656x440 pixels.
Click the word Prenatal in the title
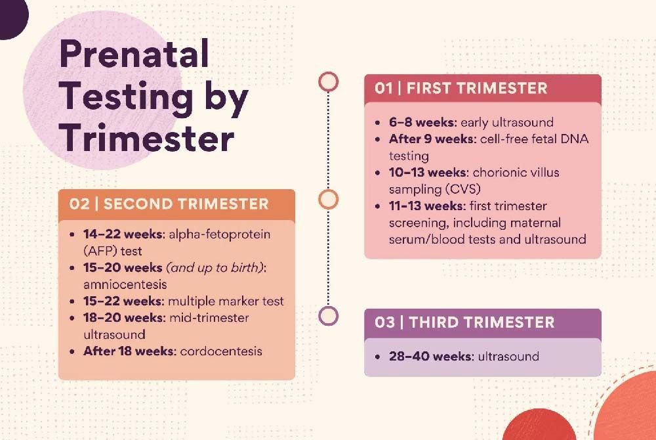[x=134, y=54]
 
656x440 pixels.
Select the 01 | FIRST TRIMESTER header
[x=461, y=89]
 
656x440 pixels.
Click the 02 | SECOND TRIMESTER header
[x=169, y=204]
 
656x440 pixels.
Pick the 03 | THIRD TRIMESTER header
[x=464, y=322]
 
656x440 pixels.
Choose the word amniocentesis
[x=125, y=284]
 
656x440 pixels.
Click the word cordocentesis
[x=221, y=351]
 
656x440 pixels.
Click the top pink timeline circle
[x=328, y=81]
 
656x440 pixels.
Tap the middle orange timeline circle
[x=328, y=198]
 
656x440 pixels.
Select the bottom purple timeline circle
[x=328, y=315]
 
